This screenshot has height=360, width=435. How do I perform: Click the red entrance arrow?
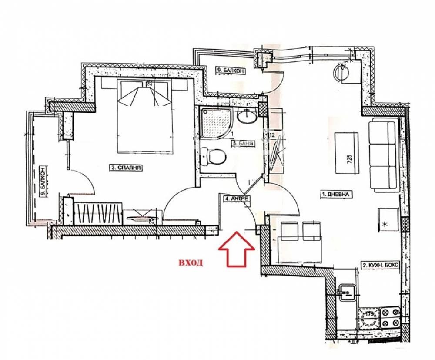coord(236,249)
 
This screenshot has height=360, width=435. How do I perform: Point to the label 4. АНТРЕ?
coord(237,199)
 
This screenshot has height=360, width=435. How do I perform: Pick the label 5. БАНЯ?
coord(244,143)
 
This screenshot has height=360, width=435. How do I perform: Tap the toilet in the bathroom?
coord(214,157)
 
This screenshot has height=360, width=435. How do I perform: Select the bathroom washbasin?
coord(248,116)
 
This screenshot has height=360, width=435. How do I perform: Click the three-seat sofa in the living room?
coord(383,155)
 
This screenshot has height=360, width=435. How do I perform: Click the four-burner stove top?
coord(390,318)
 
